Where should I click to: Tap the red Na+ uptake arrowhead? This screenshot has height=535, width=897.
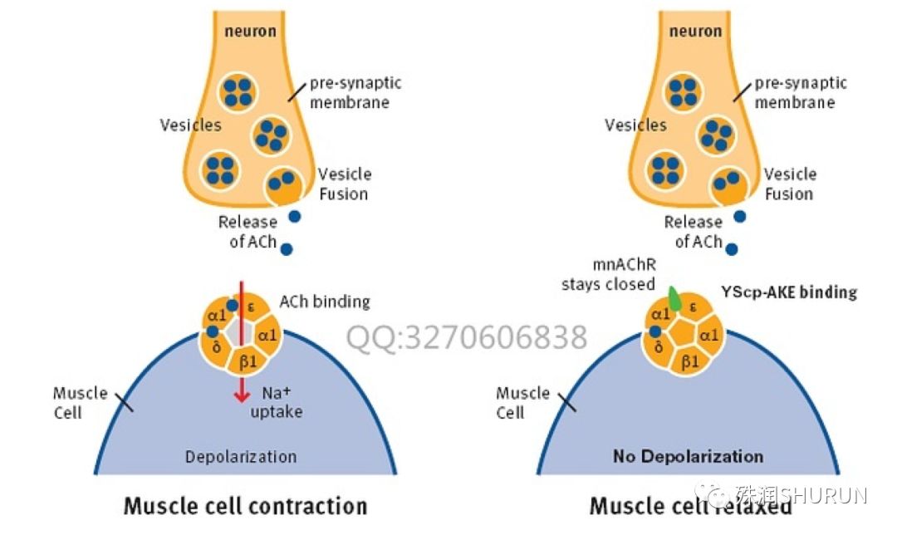[242, 395]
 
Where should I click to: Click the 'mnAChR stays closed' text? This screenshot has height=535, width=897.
[608, 274]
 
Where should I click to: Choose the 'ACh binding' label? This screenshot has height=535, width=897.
[325, 302]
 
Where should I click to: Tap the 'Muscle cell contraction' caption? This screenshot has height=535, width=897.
[245, 505]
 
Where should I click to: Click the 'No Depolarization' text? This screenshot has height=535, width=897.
[688, 456]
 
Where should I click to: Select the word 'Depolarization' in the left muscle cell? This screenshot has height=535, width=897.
[241, 456]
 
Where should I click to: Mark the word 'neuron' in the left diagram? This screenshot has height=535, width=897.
[249, 32]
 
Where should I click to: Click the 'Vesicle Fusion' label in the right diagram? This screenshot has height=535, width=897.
[789, 184]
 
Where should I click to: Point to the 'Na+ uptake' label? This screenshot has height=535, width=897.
[277, 402]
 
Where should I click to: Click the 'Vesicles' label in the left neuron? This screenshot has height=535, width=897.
[190, 125]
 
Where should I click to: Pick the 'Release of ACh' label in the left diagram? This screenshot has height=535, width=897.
[248, 232]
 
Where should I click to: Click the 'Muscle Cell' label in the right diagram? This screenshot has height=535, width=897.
[522, 402]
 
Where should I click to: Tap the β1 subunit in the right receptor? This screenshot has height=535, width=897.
[689, 361]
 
